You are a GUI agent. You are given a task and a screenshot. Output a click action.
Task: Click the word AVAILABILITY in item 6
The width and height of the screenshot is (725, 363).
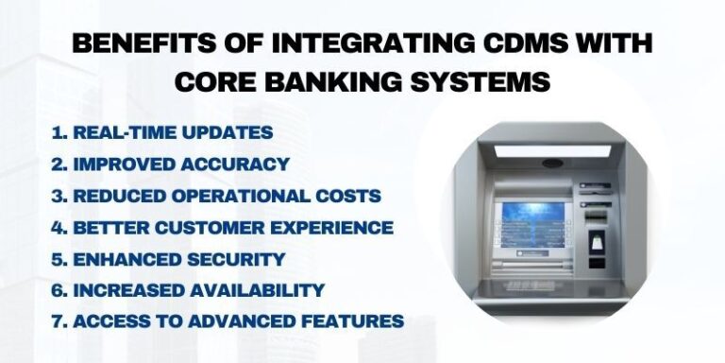(255, 289)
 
